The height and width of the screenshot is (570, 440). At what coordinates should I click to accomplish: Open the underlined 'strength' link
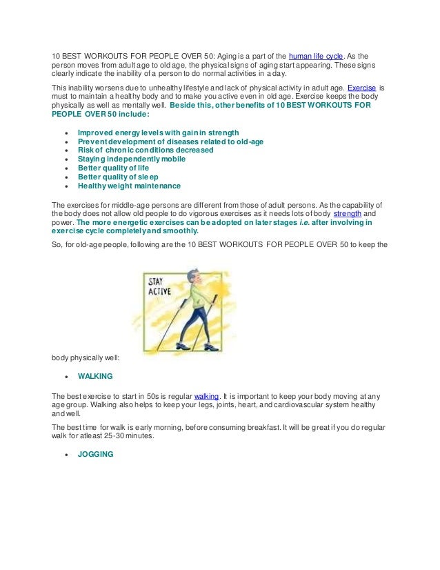[346, 214]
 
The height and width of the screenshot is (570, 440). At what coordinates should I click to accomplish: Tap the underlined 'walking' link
[206, 396]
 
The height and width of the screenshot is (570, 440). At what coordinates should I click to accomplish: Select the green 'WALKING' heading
[95, 377]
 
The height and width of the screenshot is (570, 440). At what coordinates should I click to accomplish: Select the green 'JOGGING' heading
[96, 455]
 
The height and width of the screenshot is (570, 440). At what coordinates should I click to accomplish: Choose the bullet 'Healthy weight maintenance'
[129, 186]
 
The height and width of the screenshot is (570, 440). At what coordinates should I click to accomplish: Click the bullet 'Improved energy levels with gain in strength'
[158, 132]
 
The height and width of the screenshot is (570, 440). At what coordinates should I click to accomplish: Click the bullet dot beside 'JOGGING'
[66, 455]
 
